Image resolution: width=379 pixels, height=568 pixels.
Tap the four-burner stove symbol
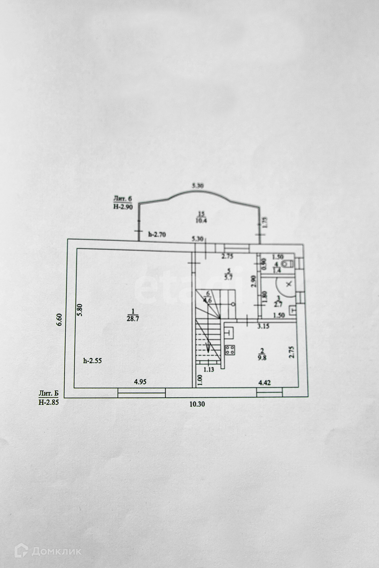click(230, 350)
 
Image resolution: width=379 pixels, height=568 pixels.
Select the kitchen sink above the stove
click(230, 333)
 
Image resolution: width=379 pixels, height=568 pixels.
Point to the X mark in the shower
click(289, 284)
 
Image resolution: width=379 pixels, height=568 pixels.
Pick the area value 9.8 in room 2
click(261, 357)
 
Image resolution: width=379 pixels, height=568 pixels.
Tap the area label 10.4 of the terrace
click(201, 220)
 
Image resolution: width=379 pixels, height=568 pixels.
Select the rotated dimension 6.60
click(60, 319)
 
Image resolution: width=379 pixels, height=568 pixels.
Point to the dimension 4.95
click(140, 382)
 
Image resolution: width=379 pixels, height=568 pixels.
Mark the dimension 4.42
click(265, 383)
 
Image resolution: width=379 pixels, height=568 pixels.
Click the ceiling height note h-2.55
click(93, 361)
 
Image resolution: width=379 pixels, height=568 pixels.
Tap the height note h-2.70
click(157, 235)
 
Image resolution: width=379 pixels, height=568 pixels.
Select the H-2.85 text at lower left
click(49, 402)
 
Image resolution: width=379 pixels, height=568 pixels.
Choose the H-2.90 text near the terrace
click(123, 207)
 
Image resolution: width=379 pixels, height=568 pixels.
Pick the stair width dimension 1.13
click(209, 369)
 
